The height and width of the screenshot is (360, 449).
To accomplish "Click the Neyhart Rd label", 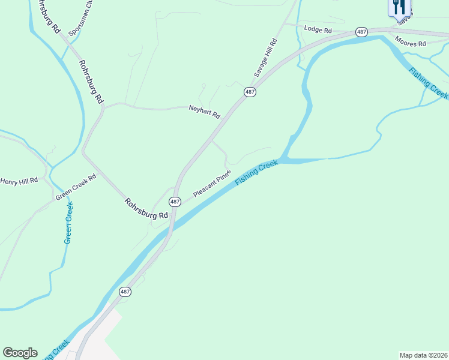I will click(x=205, y=111).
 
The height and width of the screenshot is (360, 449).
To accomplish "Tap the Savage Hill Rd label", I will click(x=265, y=58).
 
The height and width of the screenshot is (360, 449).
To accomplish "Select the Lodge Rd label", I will click(x=318, y=29).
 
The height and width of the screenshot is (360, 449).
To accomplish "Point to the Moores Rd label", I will click(x=411, y=42).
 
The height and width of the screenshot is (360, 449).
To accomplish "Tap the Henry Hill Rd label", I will click(x=19, y=180).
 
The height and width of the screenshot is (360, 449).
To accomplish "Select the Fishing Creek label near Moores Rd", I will click(x=429, y=83).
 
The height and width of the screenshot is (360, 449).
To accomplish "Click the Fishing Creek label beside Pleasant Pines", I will click(x=257, y=172).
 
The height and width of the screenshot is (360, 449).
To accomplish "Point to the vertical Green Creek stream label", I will click(x=69, y=223).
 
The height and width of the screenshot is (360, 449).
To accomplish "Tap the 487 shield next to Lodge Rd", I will click(x=361, y=32).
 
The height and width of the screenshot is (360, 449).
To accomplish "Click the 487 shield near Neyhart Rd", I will click(x=250, y=92).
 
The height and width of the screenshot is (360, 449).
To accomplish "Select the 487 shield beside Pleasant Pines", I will click(x=175, y=202).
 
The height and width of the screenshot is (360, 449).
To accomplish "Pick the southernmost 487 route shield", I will click(x=124, y=292).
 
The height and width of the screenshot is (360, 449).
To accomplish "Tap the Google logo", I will click(x=20, y=353).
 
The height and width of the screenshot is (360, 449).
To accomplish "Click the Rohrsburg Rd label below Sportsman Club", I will click(x=91, y=82).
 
